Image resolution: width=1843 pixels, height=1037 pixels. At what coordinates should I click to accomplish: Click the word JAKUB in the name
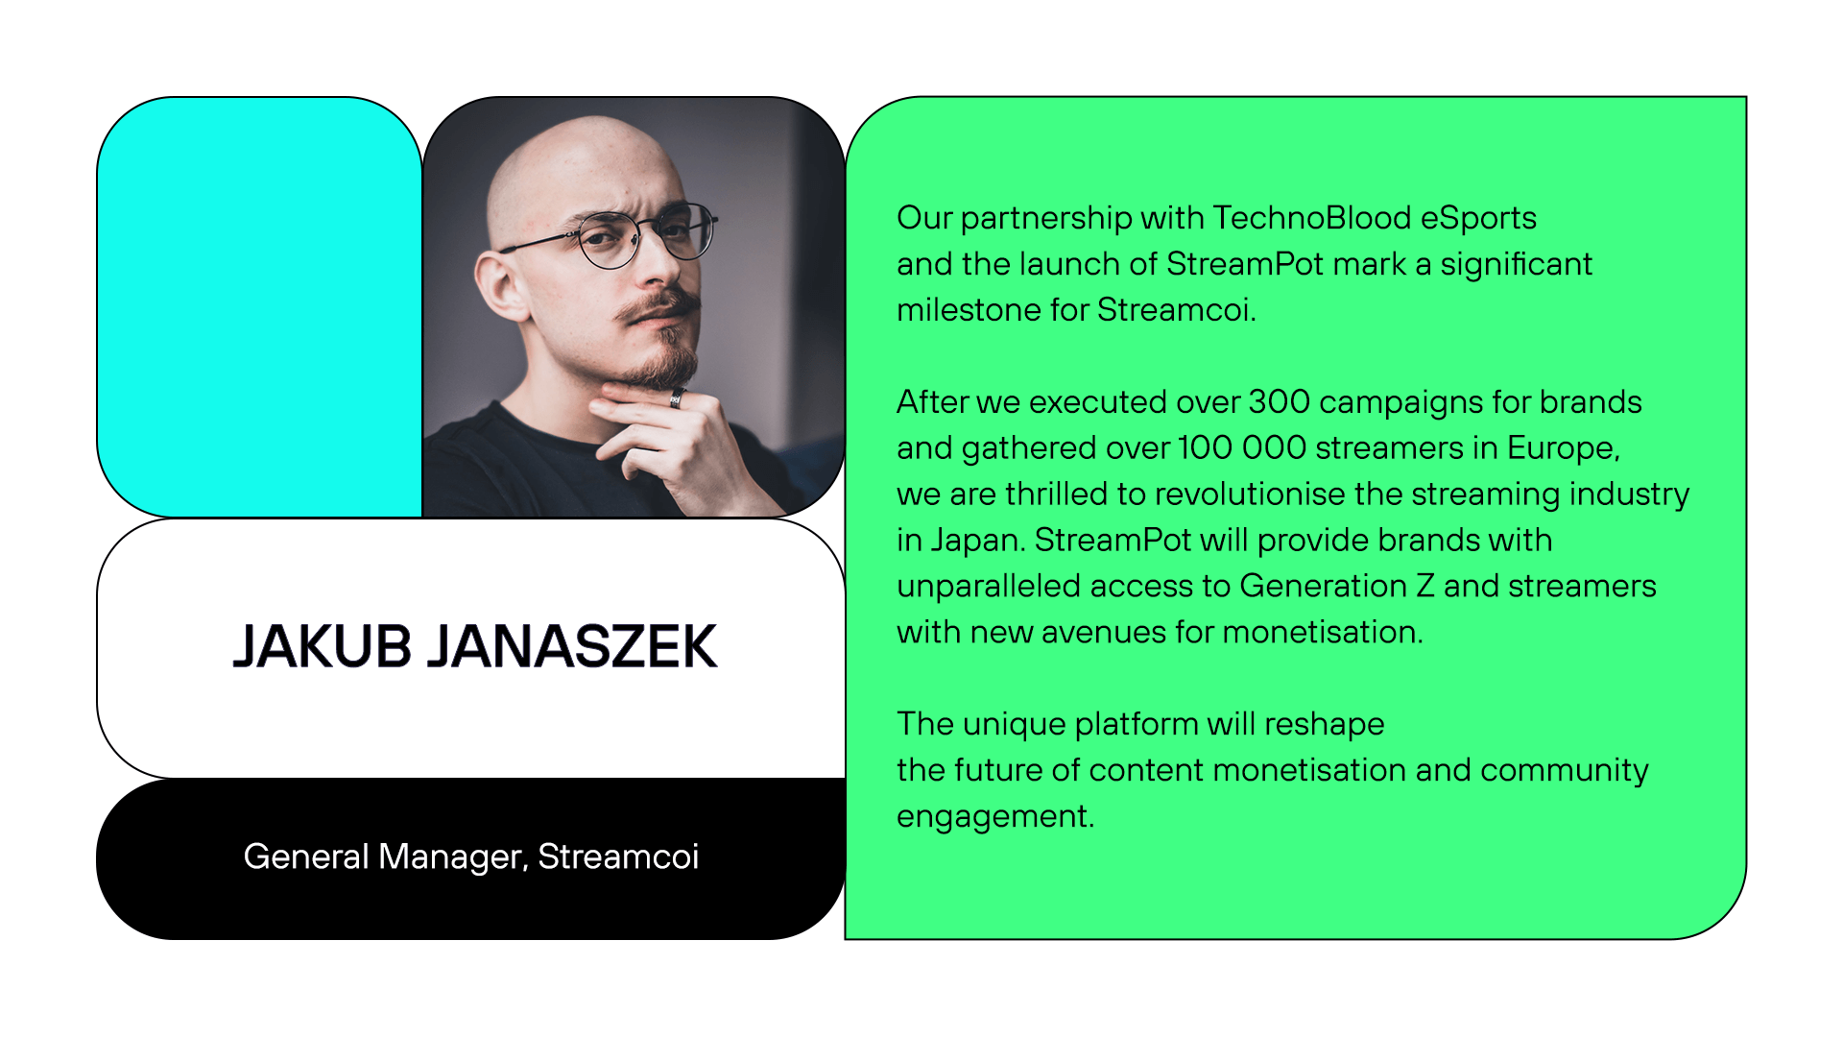pos(323,646)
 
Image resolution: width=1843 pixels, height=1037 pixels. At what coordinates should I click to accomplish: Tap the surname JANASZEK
pos(572,646)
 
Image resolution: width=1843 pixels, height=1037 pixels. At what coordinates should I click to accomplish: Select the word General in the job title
pos(306,856)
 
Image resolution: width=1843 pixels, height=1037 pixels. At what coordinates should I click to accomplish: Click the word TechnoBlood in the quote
pos(1311,218)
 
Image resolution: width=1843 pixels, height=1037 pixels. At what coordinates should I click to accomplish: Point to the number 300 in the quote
pos(1280,401)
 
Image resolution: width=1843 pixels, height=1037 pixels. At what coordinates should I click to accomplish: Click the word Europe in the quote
pos(1562,447)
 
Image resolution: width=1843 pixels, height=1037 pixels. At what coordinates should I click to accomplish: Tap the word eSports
pos(1478,218)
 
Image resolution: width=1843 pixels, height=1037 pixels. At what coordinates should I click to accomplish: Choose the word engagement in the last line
pos(994,816)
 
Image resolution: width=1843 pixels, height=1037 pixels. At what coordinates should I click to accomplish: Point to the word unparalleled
pos(989,586)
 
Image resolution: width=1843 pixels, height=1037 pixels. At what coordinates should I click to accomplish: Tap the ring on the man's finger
pos(677,398)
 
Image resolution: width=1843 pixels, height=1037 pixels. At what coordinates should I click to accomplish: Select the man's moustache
pos(657,308)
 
